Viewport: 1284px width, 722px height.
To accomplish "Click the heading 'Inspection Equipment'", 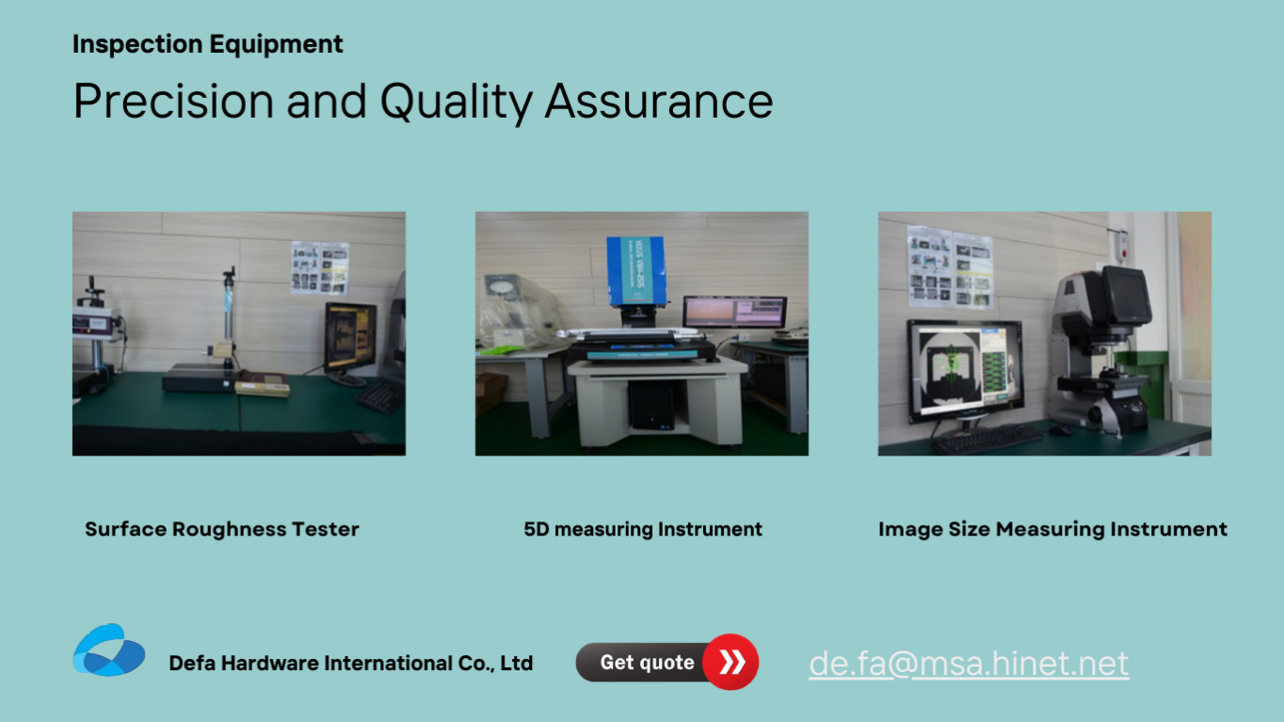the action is click(x=207, y=44).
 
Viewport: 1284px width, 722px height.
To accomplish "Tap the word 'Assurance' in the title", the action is click(x=659, y=101).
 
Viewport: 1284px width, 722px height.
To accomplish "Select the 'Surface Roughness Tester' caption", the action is click(x=222, y=529).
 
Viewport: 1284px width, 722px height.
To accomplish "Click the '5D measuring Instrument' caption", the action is click(x=643, y=529).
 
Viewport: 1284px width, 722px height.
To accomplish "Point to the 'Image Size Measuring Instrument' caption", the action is click(x=1052, y=529).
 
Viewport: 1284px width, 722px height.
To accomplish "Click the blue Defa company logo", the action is click(x=109, y=650).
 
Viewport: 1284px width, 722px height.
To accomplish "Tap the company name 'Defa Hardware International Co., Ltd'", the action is click(x=351, y=663).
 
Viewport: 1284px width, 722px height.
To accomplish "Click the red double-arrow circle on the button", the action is click(x=730, y=662).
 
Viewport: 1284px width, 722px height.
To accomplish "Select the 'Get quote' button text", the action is click(x=647, y=663).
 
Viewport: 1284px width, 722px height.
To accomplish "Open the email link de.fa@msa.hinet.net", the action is click(x=969, y=664).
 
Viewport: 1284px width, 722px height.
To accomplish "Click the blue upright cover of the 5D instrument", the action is click(x=635, y=270).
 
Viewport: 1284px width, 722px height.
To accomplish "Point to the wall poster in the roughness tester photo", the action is click(x=320, y=267).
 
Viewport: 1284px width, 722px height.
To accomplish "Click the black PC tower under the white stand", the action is click(x=651, y=406).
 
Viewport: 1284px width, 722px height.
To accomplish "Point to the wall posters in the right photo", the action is click(x=950, y=265).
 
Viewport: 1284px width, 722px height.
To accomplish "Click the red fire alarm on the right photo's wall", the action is click(x=1123, y=245).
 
